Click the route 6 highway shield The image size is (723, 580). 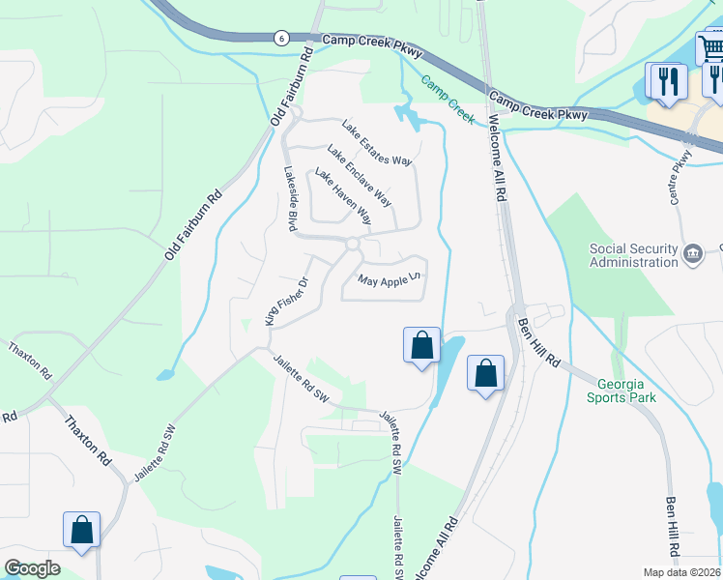point(280,38)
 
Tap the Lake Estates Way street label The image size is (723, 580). point(377,142)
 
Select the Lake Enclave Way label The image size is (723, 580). point(359,175)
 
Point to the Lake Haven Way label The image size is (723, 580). point(343,196)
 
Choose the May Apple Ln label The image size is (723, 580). point(390,280)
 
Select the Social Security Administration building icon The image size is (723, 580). point(693,254)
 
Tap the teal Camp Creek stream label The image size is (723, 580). point(448,100)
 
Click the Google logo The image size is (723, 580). point(32,568)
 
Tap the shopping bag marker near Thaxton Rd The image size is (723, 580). point(81,530)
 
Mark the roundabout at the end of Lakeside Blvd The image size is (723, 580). point(353,245)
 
